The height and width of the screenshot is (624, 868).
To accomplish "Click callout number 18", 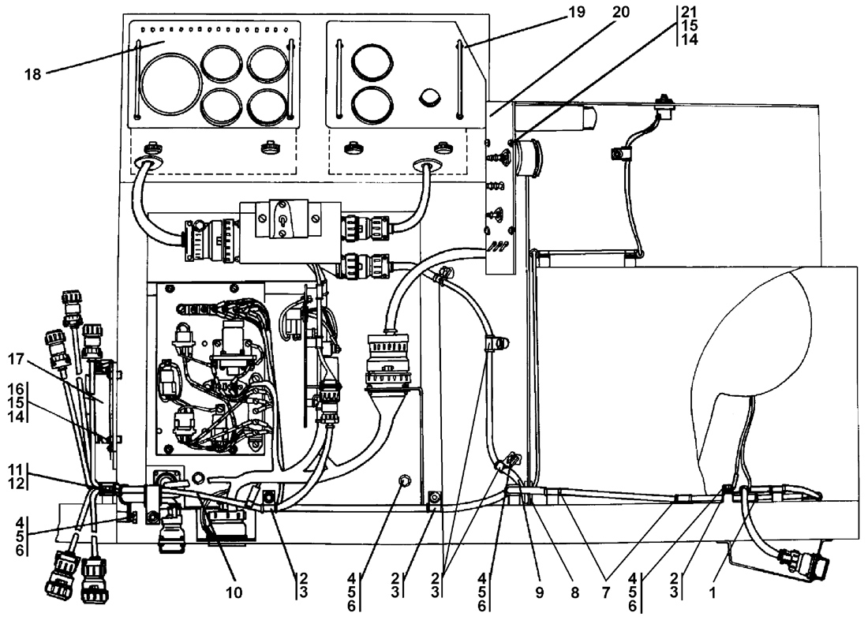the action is (x=32, y=74).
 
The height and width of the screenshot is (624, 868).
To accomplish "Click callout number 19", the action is (x=576, y=12).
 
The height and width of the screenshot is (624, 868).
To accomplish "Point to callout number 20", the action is (x=620, y=12).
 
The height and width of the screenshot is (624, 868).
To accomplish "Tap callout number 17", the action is (x=16, y=360).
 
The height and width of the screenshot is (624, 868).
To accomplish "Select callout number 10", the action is (x=234, y=592).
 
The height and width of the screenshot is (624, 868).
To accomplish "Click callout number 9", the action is (x=539, y=592).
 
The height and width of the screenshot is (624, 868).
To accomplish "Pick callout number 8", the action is (x=574, y=592).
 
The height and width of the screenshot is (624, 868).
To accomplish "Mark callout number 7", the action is (x=605, y=592).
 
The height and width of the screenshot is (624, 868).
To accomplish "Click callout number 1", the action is (x=713, y=592).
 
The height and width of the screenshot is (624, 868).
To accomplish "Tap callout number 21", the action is (x=689, y=12).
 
